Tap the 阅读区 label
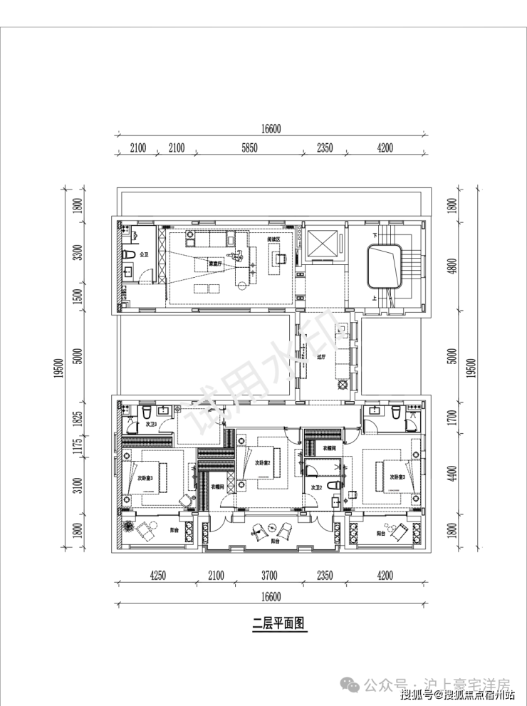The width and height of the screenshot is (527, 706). point(274,239)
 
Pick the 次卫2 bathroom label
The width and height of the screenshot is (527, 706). point(318,487)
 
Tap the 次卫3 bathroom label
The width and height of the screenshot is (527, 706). point(152,424)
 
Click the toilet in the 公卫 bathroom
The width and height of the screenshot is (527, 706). point(129,254)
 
